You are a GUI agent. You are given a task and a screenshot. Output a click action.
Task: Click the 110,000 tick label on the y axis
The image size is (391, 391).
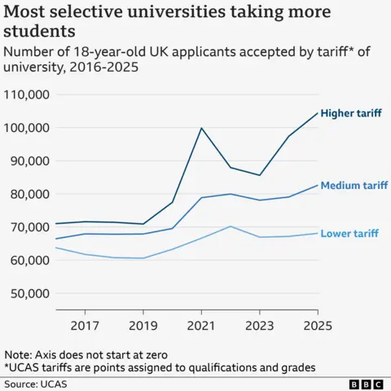(27, 94)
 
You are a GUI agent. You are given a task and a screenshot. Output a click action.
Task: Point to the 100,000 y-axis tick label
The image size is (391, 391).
(27, 128)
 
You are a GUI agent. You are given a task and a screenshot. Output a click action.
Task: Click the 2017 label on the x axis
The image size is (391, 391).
(85, 326)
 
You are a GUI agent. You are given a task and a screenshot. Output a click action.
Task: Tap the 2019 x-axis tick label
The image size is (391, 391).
(143, 326)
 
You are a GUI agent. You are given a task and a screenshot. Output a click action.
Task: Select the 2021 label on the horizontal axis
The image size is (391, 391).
(201, 326)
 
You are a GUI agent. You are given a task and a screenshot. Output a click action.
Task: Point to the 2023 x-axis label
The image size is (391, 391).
(259, 326)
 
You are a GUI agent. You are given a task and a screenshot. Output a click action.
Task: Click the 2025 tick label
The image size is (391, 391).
(317, 326)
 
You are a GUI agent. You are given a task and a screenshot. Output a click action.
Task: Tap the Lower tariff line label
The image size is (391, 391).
(349, 234)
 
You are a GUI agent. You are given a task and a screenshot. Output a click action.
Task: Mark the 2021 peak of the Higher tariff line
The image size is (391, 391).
(201, 128)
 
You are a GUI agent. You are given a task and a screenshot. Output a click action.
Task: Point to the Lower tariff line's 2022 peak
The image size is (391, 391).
(231, 226)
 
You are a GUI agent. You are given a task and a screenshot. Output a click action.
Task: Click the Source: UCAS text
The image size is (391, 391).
(34, 382)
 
